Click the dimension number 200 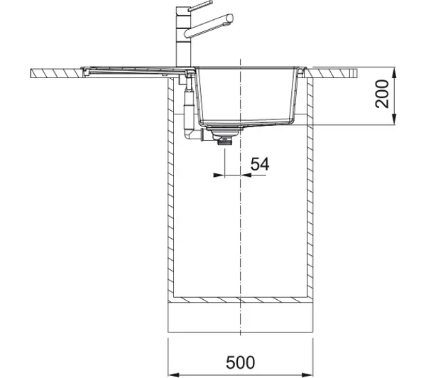(x=382, y=94)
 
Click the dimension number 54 (x=260, y=164)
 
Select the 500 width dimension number (x=241, y=362)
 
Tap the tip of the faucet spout (x=230, y=18)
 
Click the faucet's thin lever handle (x=200, y=6)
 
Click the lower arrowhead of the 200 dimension (x=394, y=120)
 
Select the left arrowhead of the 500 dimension (x=174, y=374)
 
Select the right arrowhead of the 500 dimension (x=307, y=374)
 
